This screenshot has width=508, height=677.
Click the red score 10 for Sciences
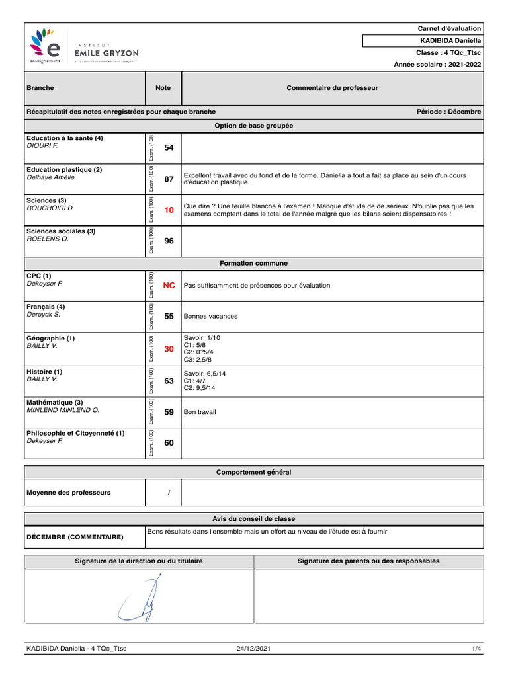click(x=169, y=210)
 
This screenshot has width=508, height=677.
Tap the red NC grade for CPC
click(x=169, y=286)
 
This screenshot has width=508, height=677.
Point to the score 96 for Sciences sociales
click(x=169, y=241)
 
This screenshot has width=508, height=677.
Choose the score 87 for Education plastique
click(x=169, y=179)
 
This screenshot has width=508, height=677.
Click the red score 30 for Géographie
click(x=169, y=348)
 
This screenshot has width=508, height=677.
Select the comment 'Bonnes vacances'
click(x=210, y=317)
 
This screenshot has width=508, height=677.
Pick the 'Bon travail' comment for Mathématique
click(x=200, y=412)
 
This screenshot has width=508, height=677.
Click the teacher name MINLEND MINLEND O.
click(x=63, y=411)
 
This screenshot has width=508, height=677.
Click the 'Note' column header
click(x=163, y=88)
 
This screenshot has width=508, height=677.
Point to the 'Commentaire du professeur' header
click(x=332, y=88)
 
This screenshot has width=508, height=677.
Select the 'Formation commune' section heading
click(x=254, y=263)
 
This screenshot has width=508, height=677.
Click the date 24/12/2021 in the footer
click(x=253, y=649)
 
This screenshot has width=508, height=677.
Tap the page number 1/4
click(x=476, y=649)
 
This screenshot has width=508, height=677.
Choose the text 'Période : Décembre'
click(x=448, y=112)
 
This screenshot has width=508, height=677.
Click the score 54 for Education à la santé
click(x=169, y=148)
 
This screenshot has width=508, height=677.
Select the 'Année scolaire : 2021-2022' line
click(x=437, y=65)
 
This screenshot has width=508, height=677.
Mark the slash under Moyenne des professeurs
click(x=169, y=493)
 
